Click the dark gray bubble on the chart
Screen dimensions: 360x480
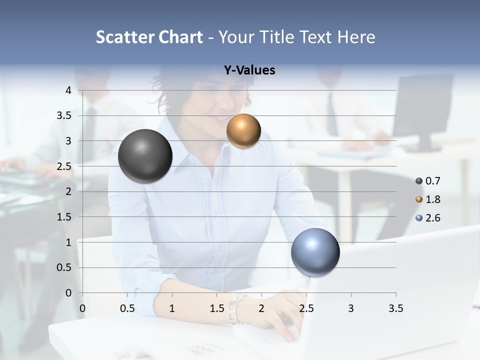click(x=145, y=156)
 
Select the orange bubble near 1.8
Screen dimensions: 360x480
click(x=243, y=131)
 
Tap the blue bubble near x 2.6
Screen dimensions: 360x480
click(x=315, y=252)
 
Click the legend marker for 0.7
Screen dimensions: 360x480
click(x=419, y=181)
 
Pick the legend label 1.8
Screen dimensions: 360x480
click(x=432, y=199)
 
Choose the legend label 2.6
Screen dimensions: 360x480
click(x=432, y=218)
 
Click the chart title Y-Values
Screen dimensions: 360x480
click(x=249, y=70)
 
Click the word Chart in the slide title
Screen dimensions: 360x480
click(x=180, y=37)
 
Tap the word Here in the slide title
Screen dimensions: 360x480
click(x=356, y=37)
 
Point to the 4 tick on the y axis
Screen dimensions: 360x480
click(x=68, y=90)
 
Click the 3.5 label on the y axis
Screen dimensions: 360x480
click(x=64, y=115)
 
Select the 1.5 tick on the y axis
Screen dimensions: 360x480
click(x=64, y=217)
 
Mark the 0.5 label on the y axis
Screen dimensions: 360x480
click(x=64, y=267)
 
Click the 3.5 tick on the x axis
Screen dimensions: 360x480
click(x=395, y=308)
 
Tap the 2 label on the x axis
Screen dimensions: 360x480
click(x=261, y=308)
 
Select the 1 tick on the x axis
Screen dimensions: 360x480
click(x=172, y=308)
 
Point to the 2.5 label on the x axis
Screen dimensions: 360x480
click(x=306, y=308)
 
